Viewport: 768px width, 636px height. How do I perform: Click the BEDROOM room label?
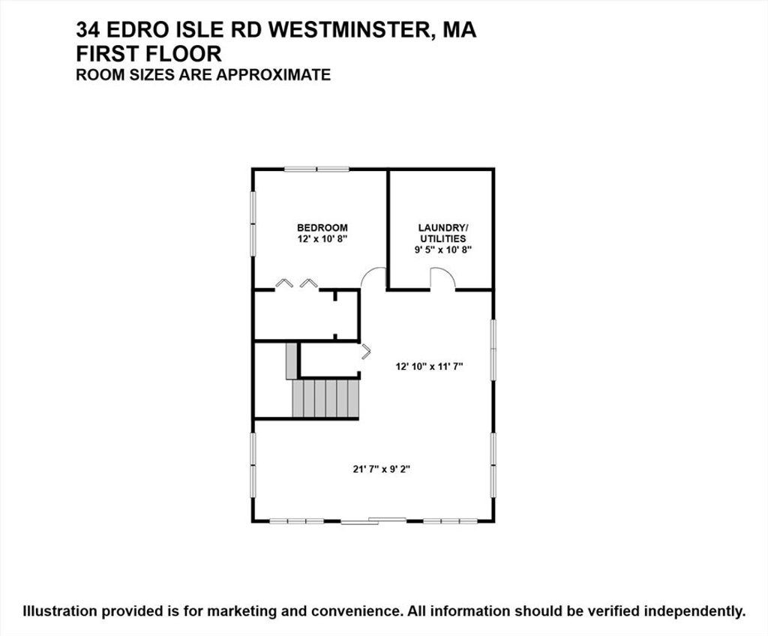(322, 228)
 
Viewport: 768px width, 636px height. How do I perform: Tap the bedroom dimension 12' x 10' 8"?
(322, 239)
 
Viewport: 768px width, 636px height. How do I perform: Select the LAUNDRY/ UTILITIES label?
(442, 233)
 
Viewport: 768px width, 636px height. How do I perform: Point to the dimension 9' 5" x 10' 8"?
(442, 250)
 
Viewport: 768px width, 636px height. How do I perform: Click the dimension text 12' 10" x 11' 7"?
(430, 366)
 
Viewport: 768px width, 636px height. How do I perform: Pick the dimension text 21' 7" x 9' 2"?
(382, 469)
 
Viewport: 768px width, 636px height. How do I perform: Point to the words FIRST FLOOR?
(148, 53)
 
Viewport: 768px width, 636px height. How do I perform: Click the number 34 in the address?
(88, 30)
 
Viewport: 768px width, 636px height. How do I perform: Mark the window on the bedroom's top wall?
(317, 169)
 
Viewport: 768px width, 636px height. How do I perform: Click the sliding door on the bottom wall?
(373, 520)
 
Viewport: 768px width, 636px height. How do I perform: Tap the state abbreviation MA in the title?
(459, 30)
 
